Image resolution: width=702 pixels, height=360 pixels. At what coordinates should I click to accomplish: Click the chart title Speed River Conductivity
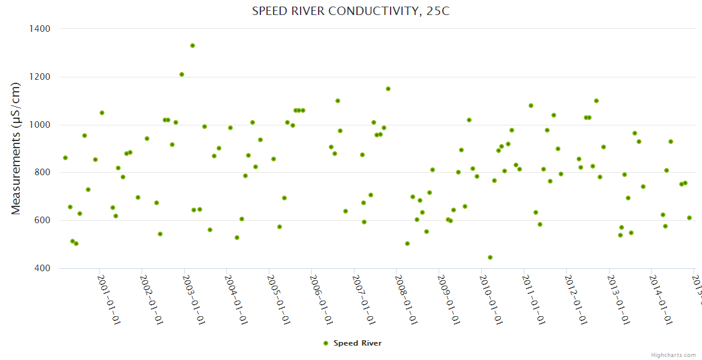(x=350, y=11)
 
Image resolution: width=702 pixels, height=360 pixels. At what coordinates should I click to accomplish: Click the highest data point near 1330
(x=193, y=46)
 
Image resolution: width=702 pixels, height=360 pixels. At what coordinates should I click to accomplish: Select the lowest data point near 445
(x=490, y=257)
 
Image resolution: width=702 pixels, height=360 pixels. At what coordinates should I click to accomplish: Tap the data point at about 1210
(x=182, y=74)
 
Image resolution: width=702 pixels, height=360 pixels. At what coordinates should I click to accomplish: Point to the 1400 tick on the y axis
(x=39, y=29)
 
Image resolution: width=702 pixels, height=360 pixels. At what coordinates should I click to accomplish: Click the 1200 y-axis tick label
(x=39, y=77)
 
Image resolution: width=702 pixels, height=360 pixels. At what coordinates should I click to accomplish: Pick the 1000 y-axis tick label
(x=39, y=125)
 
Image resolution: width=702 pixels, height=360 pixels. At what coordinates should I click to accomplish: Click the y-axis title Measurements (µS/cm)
(x=16, y=148)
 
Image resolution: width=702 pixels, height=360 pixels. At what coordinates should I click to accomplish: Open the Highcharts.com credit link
(x=673, y=355)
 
